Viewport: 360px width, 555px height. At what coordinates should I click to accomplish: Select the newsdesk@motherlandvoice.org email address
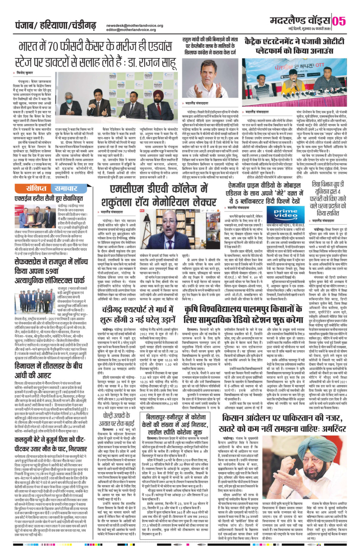[135, 26]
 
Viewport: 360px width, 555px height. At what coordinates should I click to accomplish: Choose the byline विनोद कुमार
[25, 73]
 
